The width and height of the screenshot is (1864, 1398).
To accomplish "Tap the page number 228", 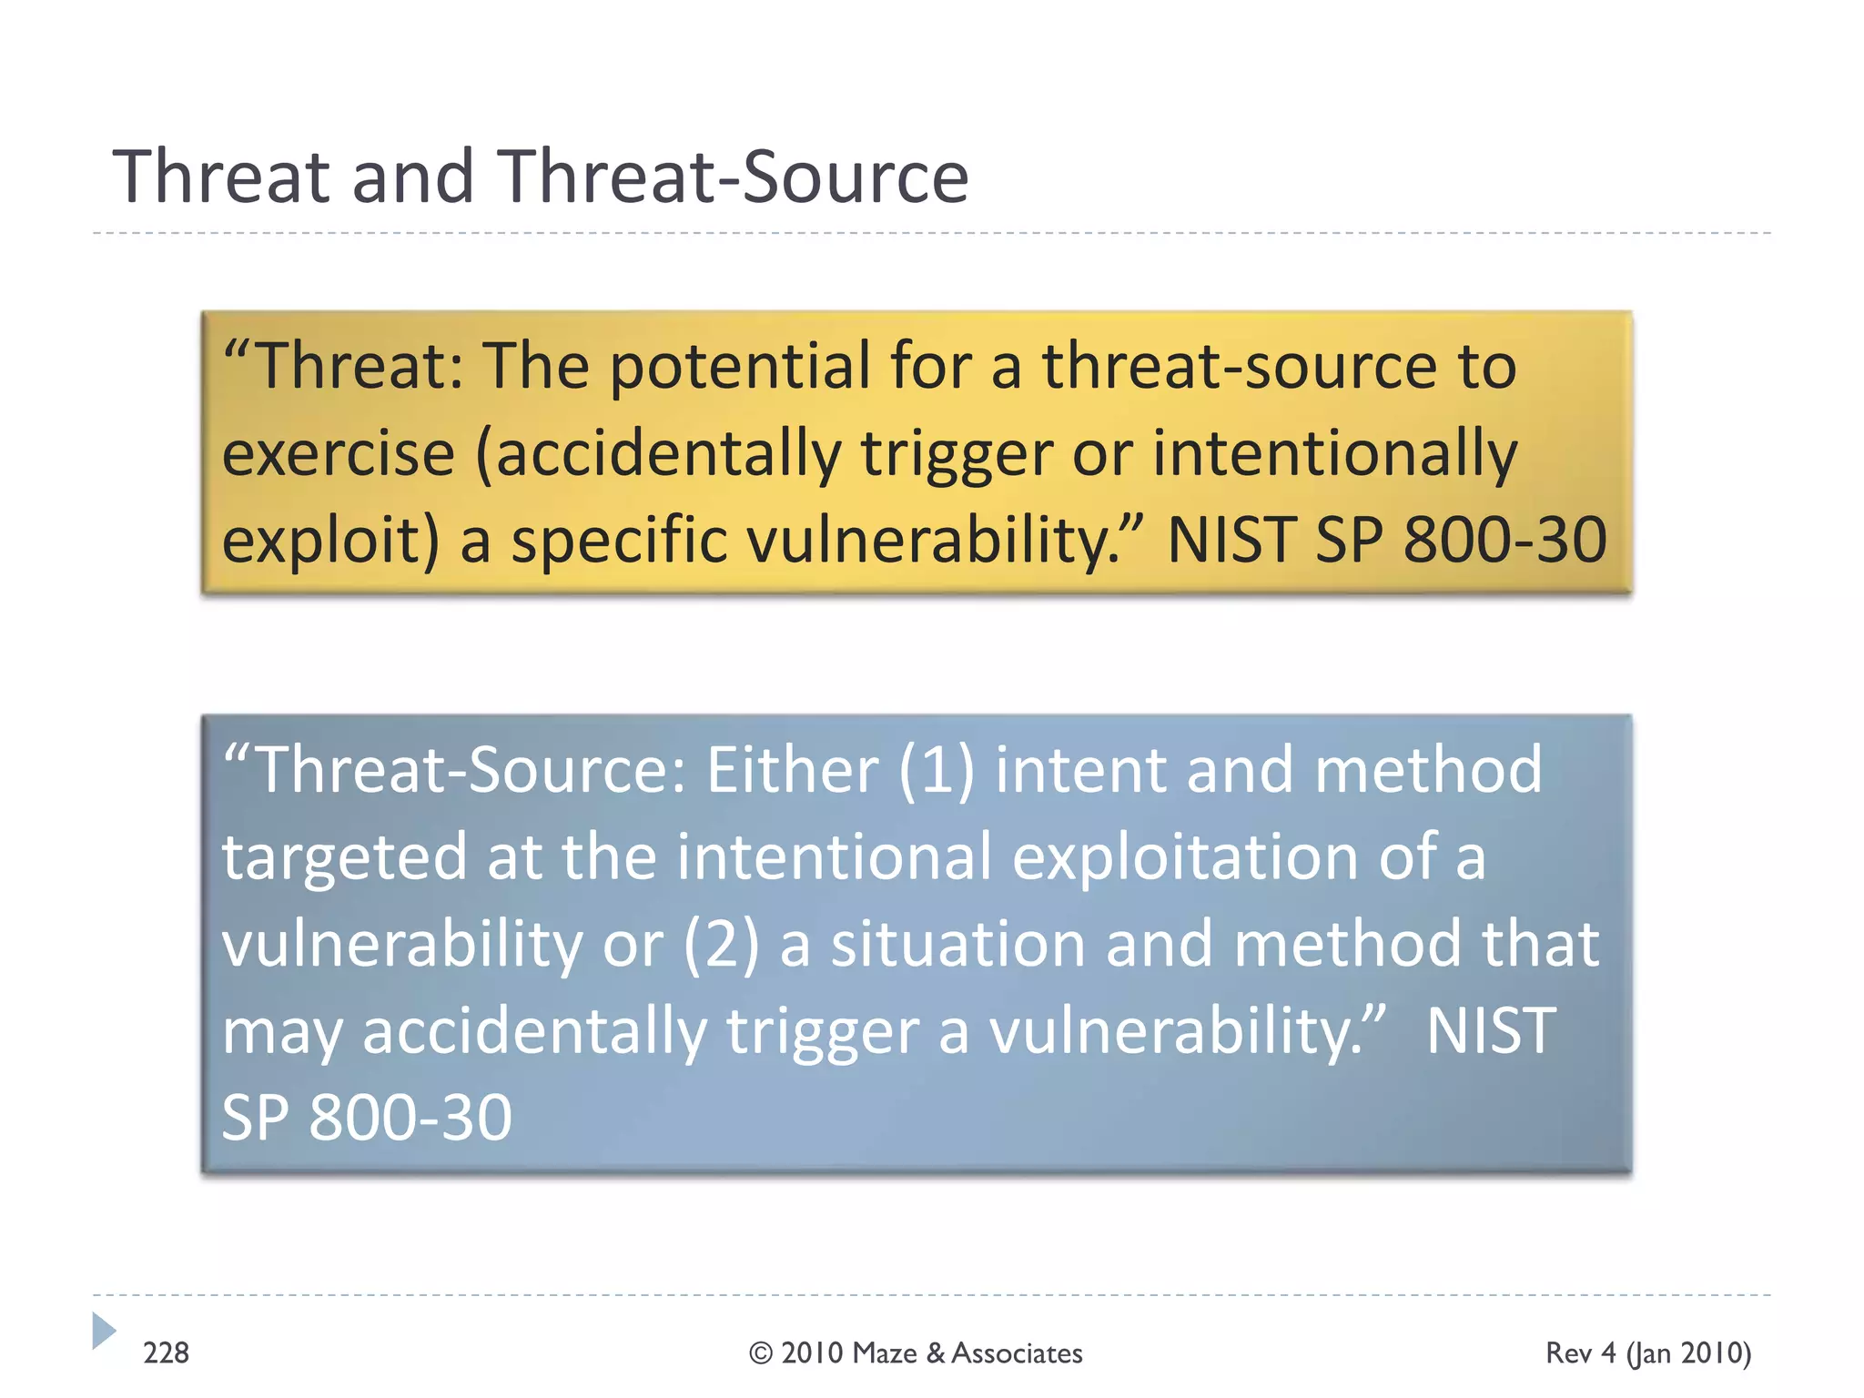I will click(166, 1353).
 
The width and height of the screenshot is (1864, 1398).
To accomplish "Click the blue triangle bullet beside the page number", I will click(104, 1331).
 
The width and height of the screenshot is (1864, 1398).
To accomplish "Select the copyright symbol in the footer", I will click(761, 1353).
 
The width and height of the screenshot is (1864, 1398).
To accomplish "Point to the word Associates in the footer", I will click(1017, 1353).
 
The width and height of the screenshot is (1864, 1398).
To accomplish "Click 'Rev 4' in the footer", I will click(1581, 1353).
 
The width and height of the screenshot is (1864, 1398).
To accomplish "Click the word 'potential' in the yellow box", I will click(739, 366).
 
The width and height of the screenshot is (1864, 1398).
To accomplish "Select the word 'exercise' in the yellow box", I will click(338, 453).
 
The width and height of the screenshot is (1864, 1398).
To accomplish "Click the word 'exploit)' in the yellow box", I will click(330, 541).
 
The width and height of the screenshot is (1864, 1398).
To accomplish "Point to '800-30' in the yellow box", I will click(1504, 540).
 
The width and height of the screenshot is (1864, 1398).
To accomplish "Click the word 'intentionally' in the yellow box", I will click(1334, 453).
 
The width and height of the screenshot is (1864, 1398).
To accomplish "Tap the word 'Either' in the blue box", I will click(791, 770).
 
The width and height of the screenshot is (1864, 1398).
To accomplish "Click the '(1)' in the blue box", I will click(936, 770).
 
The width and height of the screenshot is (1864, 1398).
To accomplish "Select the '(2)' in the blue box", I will click(721, 944).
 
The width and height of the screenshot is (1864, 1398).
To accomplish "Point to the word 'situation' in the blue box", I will click(957, 944).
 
